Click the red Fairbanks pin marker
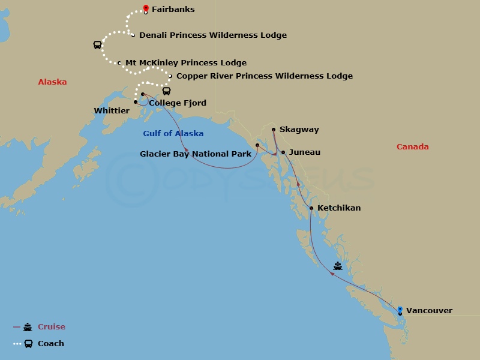[x=146, y=8]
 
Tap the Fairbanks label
[x=173, y=10]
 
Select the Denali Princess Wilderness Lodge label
[x=212, y=35]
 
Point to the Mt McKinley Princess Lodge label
[x=185, y=62]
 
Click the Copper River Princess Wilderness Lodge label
[x=264, y=76]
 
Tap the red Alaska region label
[x=52, y=82]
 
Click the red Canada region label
[x=413, y=147]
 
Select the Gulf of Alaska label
[x=173, y=134]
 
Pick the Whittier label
[x=112, y=111]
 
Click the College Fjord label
[x=177, y=103]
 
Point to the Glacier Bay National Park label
[x=196, y=154]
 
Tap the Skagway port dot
[x=273, y=129]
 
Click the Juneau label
[x=304, y=152]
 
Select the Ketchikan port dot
[x=311, y=208]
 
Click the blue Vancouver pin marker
[x=400, y=309]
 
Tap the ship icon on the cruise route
[x=338, y=266]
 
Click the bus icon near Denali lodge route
[x=97, y=45]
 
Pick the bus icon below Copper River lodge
[x=166, y=91]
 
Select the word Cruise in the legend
[x=52, y=327]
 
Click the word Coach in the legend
[x=51, y=344]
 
